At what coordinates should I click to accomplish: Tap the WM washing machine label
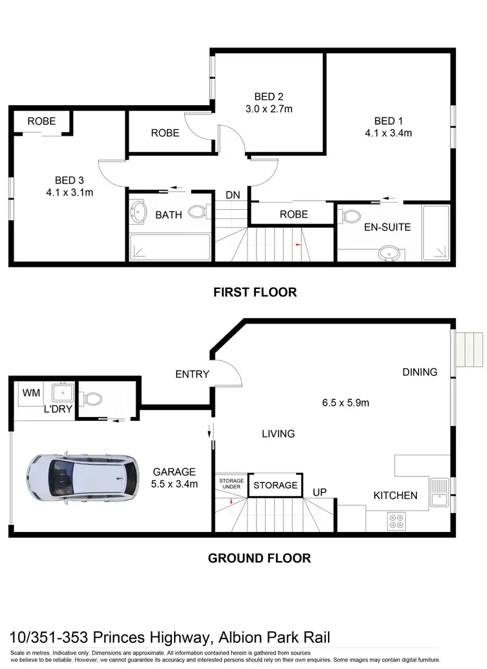click(x=31, y=393)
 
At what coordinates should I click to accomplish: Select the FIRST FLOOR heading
click(x=255, y=292)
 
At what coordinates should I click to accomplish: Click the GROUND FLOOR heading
click(x=259, y=558)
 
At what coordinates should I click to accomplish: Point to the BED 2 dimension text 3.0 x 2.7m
click(x=269, y=109)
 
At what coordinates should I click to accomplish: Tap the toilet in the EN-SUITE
click(x=351, y=216)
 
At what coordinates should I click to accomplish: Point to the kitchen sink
click(x=438, y=490)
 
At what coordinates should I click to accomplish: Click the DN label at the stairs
click(x=233, y=195)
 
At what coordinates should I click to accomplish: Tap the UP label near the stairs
click(x=319, y=493)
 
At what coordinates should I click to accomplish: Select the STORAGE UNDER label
click(x=231, y=484)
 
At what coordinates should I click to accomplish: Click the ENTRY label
click(x=192, y=374)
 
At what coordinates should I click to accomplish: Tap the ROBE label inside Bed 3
click(x=41, y=121)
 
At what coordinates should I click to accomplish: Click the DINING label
click(x=419, y=372)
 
